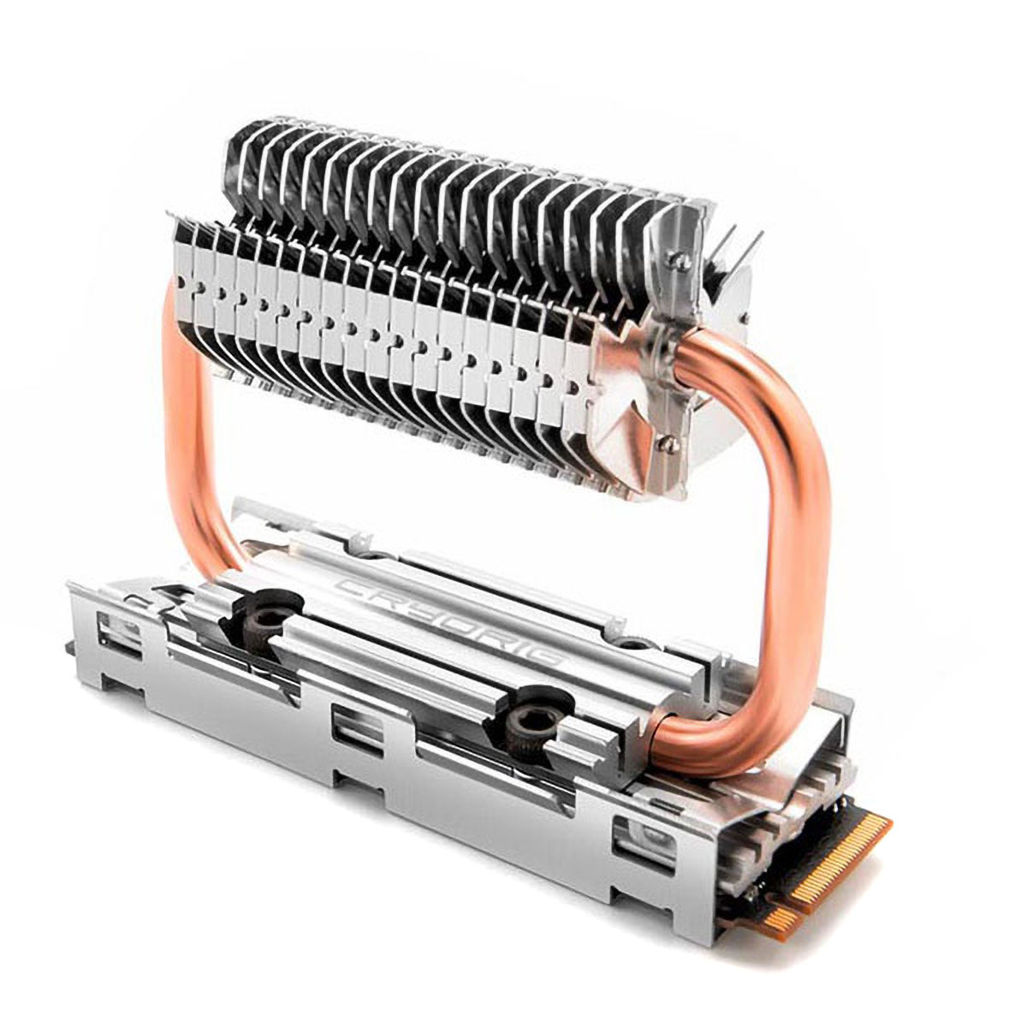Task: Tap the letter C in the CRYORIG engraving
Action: [x=353, y=589]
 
